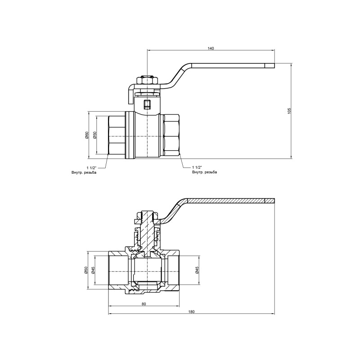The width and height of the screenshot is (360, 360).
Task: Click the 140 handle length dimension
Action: coord(211,48)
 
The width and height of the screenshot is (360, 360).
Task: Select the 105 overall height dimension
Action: coord(290,111)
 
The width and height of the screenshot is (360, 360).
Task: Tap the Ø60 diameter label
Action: coord(86,135)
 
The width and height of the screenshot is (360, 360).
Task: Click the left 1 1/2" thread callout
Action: coord(91,167)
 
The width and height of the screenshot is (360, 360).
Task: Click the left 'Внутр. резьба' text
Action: coord(84,172)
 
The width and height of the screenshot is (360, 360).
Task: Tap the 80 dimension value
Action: coord(144,304)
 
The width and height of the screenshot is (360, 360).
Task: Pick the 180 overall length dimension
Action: coord(191,311)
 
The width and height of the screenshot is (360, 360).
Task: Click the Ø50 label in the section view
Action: coord(86,270)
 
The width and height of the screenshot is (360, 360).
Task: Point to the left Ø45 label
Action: coord(94,270)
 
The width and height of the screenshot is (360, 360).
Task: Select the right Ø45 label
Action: coord(197,270)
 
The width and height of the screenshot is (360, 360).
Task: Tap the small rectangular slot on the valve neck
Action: coord(147,105)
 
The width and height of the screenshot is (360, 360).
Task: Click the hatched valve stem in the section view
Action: coord(147,229)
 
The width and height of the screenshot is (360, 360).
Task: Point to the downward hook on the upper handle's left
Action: coord(129,95)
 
